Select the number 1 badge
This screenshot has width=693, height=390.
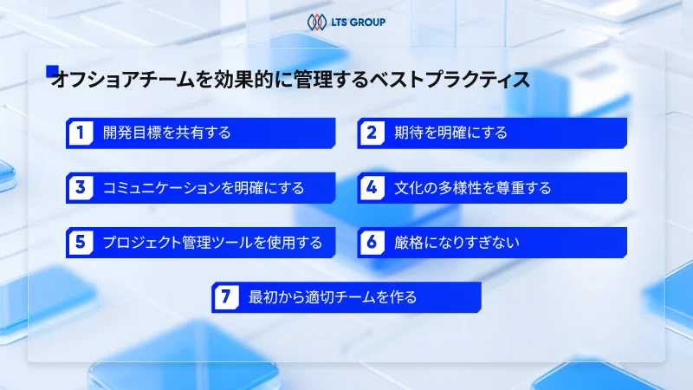(x=80, y=133)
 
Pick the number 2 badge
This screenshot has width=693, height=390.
(x=372, y=133)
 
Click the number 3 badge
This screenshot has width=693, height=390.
(x=80, y=187)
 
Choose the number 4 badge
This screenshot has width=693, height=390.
(x=372, y=187)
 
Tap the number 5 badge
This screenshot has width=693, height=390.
(x=80, y=242)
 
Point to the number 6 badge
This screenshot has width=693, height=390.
(x=372, y=242)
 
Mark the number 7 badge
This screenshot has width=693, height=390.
(x=225, y=297)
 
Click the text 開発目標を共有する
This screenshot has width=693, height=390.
(x=166, y=133)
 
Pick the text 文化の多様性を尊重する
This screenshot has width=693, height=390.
(x=472, y=187)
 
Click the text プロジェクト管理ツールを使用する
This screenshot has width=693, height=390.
(x=212, y=242)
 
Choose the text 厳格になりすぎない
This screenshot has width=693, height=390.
(x=457, y=242)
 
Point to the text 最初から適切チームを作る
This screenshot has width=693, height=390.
(x=333, y=297)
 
